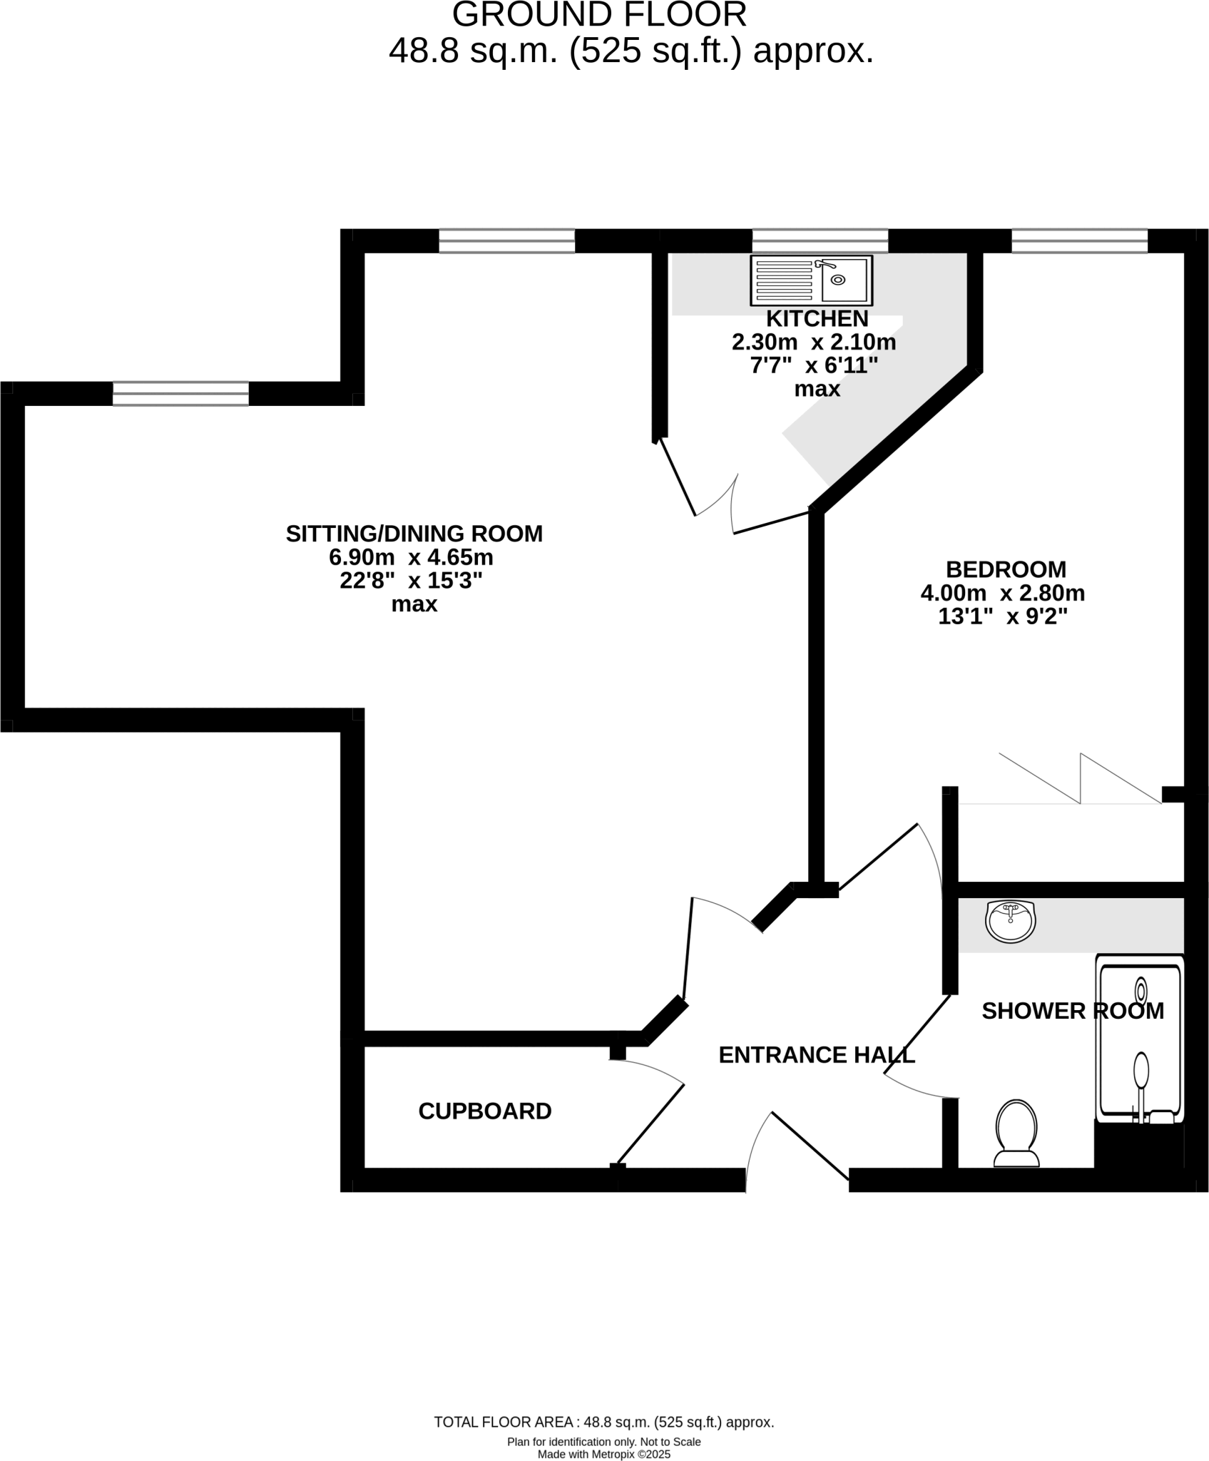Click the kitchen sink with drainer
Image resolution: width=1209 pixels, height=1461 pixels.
[x=811, y=280]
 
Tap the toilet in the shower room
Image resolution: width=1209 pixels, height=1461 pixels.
[x=1016, y=1133]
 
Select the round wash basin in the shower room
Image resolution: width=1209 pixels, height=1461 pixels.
[x=1010, y=922]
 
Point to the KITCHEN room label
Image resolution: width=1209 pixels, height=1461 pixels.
[x=817, y=318]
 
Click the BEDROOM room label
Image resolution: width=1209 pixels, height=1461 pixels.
[x=1006, y=569]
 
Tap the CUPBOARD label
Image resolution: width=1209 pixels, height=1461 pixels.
[x=485, y=1111]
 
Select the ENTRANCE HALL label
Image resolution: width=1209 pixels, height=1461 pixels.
[x=816, y=1055]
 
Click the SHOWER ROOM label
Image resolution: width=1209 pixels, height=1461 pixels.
[x=1072, y=1011]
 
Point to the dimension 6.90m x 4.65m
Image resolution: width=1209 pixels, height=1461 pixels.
[x=411, y=557]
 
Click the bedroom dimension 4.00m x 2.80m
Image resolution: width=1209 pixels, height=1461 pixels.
[x=1003, y=593]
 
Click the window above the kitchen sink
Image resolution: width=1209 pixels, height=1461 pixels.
[x=820, y=241]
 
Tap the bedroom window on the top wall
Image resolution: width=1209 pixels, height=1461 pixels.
[x=1079, y=241]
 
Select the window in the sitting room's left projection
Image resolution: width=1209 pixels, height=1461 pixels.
[x=180, y=394]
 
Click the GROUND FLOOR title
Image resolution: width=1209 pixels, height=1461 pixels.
[x=599, y=14]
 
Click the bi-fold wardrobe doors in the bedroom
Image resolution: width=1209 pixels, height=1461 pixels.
[x=1080, y=780]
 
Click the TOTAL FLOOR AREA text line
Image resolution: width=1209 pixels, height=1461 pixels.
[x=603, y=1422]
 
